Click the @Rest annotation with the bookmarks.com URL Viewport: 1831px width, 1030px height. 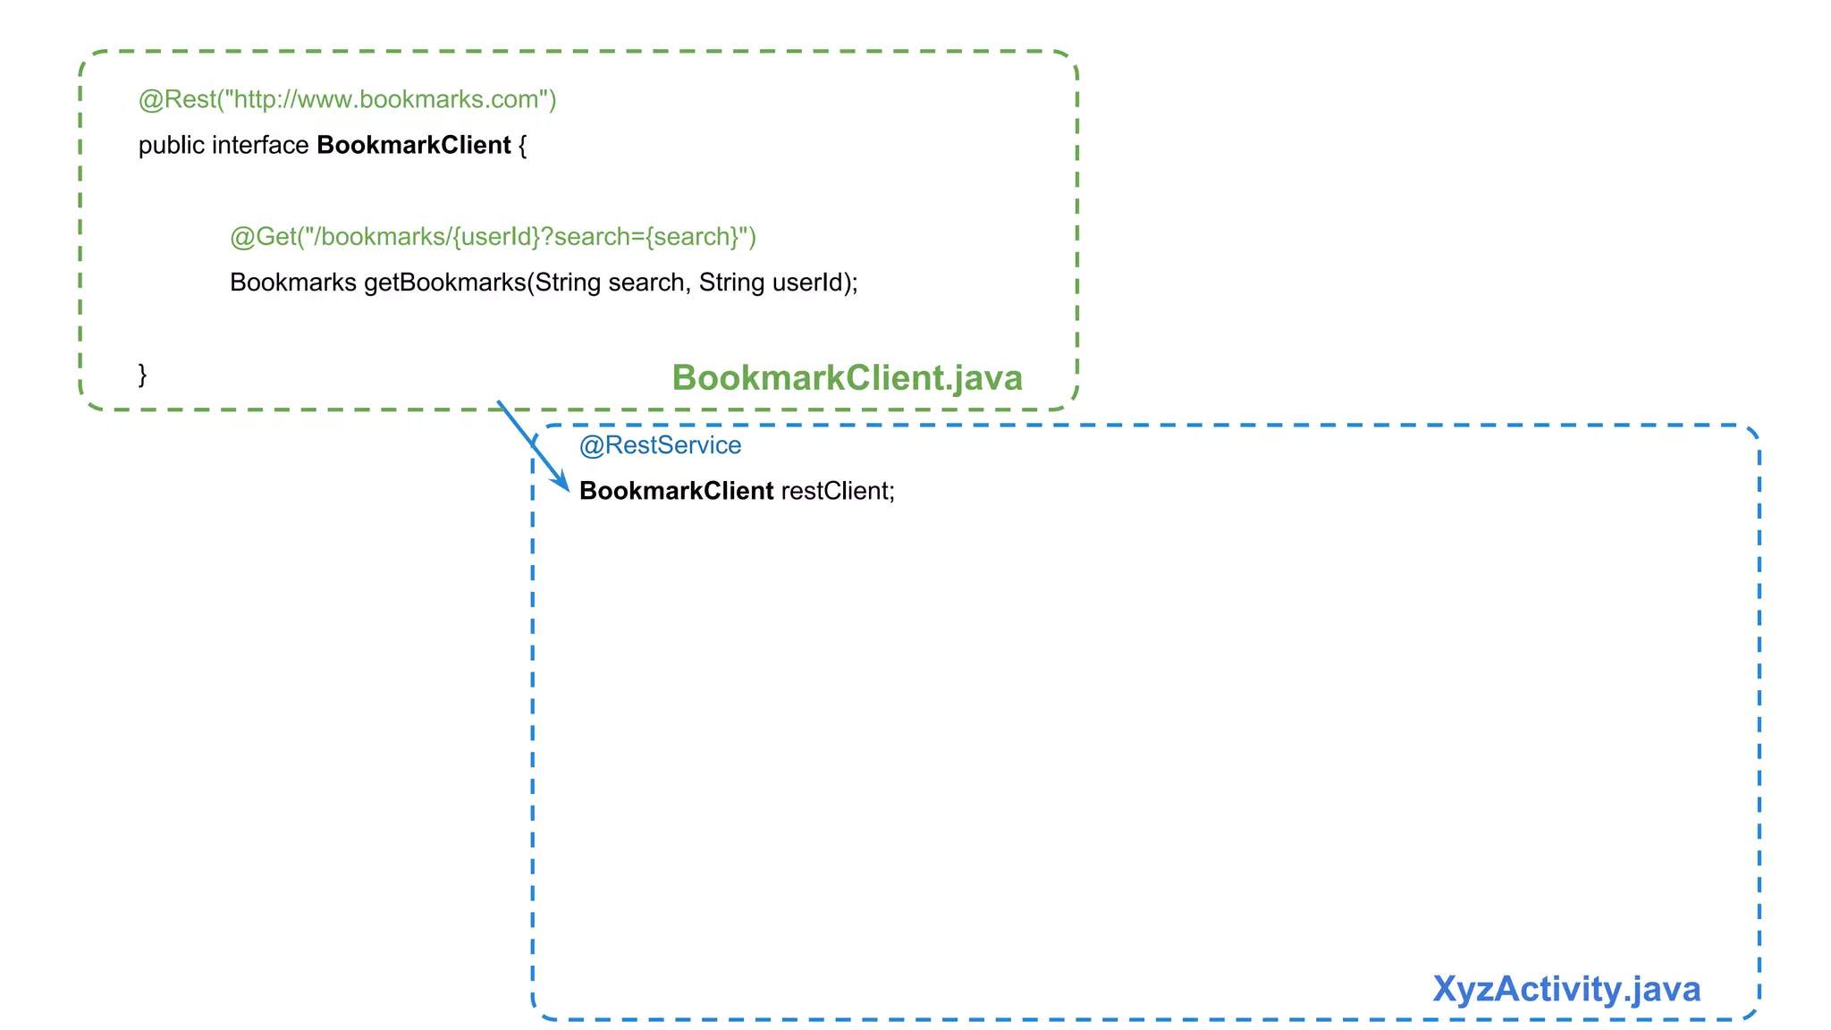point(347,99)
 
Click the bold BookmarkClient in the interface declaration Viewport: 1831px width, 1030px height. point(413,146)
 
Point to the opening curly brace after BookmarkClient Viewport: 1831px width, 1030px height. point(523,146)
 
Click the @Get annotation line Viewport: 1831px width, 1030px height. point(493,237)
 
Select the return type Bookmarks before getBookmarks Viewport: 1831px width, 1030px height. point(292,283)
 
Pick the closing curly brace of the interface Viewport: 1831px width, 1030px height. point(142,374)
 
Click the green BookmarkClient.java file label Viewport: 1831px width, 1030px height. point(847,377)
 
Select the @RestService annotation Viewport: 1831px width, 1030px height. point(660,445)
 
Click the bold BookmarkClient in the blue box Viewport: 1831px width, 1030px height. point(676,491)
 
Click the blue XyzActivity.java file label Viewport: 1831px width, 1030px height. point(1566,989)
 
